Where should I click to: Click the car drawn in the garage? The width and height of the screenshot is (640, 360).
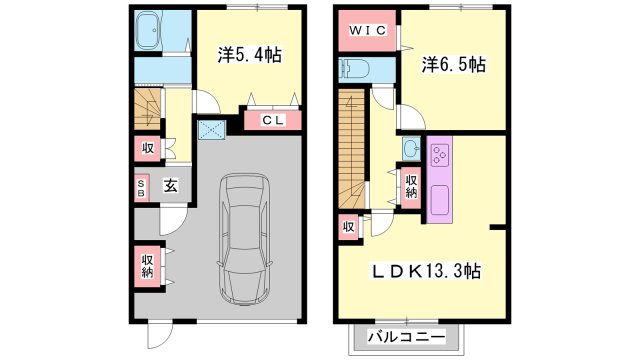(x=244, y=239)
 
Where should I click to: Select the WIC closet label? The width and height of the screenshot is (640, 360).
(x=367, y=30)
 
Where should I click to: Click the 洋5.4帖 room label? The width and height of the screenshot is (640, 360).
(x=250, y=55)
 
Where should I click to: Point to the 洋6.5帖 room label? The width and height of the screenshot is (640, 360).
(x=454, y=64)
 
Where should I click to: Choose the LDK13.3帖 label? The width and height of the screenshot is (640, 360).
(x=425, y=271)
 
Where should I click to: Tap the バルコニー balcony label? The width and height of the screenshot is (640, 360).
(x=407, y=338)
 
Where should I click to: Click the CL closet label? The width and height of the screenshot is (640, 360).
(x=273, y=120)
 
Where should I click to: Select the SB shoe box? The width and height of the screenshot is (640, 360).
(x=141, y=188)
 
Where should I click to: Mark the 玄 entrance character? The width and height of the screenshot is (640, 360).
(x=171, y=186)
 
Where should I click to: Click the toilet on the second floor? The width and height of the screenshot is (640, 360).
(x=354, y=68)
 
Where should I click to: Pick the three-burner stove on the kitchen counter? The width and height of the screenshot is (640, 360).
(x=440, y=154)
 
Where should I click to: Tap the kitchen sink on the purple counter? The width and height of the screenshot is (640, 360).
(x=440, y=201)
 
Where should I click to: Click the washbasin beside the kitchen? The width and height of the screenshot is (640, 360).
(x=411, y=148)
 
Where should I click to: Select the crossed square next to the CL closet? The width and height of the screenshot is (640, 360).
(x=211, y=130)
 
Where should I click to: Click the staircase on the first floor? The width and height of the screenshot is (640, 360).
(x=147, y=109)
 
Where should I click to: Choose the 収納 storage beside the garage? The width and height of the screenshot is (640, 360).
(x=148, y=266)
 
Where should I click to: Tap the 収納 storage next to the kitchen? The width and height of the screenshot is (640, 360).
(x=411, y=186)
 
